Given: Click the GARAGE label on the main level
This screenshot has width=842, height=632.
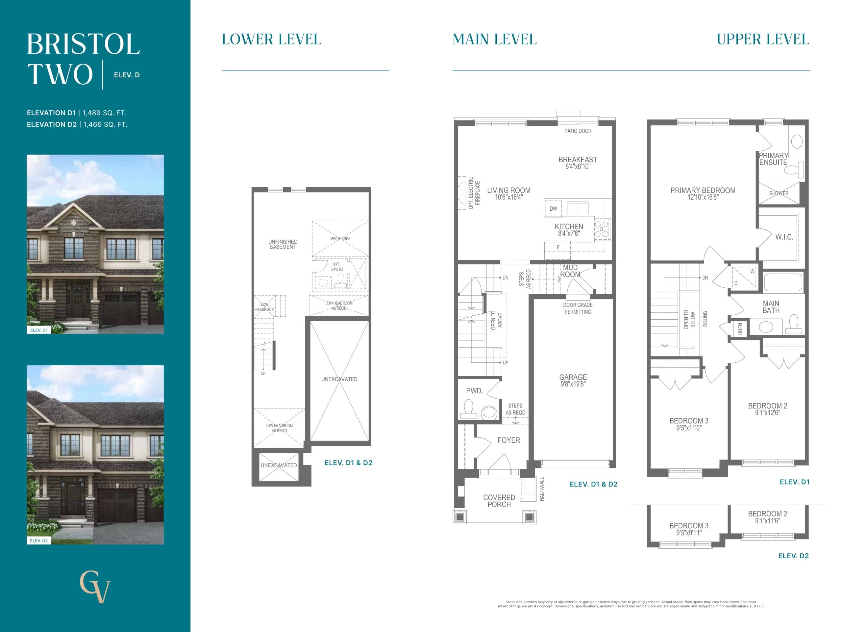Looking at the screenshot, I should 573,377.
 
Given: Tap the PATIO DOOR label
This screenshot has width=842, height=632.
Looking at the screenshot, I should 578,131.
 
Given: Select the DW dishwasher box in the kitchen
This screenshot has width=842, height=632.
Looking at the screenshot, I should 553,209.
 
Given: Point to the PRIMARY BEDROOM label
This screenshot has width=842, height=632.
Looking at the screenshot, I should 702,191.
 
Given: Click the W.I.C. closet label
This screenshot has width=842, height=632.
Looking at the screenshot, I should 784,237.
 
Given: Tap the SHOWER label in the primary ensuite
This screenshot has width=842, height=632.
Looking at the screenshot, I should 779,194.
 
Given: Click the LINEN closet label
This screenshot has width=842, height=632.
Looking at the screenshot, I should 740,329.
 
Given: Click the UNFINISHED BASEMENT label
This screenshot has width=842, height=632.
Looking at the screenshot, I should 283,244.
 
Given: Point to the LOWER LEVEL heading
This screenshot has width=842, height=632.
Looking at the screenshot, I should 271,39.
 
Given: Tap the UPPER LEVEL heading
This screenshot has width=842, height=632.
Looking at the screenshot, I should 762,39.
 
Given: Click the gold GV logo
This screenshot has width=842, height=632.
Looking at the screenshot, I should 95,586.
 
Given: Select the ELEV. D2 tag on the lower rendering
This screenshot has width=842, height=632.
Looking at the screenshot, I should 39,540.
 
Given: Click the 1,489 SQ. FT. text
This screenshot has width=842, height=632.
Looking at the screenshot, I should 104,113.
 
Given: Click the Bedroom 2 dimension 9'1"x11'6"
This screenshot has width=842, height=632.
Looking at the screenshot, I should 767,521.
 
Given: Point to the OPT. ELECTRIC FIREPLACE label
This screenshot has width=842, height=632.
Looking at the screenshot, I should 474,194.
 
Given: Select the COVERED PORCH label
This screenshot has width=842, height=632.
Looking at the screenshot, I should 499,501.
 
